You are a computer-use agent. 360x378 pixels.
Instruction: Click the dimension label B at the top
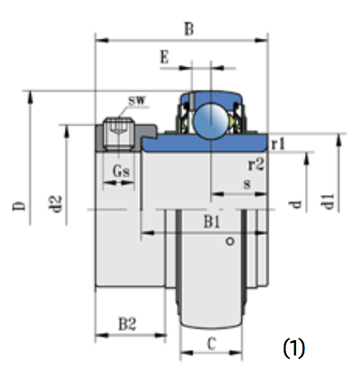click(189, 30)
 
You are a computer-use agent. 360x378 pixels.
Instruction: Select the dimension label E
click(165, 57)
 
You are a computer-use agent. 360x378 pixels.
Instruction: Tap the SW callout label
click(137, 101)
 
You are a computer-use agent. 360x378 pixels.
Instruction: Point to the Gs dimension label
click(121, 171)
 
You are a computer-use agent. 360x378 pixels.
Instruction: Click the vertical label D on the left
click(19, 206)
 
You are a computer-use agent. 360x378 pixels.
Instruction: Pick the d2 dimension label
click(56, 204)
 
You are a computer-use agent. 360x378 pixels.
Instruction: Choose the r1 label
click(278, 144)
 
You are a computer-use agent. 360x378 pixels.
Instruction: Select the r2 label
click(256, 165)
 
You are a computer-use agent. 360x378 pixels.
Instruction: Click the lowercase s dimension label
click(247, 184)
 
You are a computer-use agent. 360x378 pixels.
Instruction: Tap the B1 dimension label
click(212, 222)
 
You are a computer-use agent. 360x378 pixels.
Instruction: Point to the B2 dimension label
click(127, 324)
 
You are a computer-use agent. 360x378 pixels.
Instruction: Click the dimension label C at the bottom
click(211, 344)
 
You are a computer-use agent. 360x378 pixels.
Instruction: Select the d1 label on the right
click(328, 202)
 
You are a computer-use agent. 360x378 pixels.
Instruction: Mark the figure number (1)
click(293, 348)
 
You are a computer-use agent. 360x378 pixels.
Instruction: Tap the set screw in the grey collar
click(119, 134)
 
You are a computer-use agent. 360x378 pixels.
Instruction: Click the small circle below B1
click(230, 241)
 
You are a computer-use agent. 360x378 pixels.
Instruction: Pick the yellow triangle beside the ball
click(231, 121)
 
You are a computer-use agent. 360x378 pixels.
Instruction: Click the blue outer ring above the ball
click(211, 96)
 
